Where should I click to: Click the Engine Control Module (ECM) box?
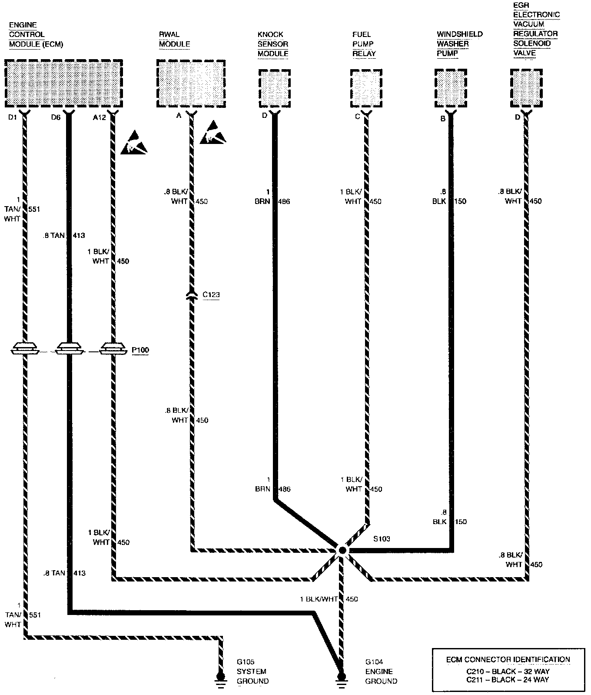63,84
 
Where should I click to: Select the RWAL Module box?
191,84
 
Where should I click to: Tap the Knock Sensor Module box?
274,88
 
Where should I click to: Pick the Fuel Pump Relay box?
366,88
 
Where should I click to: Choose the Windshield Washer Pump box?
451,88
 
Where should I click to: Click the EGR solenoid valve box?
526,88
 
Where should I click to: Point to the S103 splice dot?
342,551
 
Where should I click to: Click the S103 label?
382,539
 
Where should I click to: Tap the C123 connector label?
211,295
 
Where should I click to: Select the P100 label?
140,350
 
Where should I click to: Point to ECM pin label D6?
55,117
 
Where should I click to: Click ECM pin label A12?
100,117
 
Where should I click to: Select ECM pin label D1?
13,117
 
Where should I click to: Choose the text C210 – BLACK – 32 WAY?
508,672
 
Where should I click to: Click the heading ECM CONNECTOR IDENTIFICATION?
508,659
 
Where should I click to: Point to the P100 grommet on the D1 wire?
25,348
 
